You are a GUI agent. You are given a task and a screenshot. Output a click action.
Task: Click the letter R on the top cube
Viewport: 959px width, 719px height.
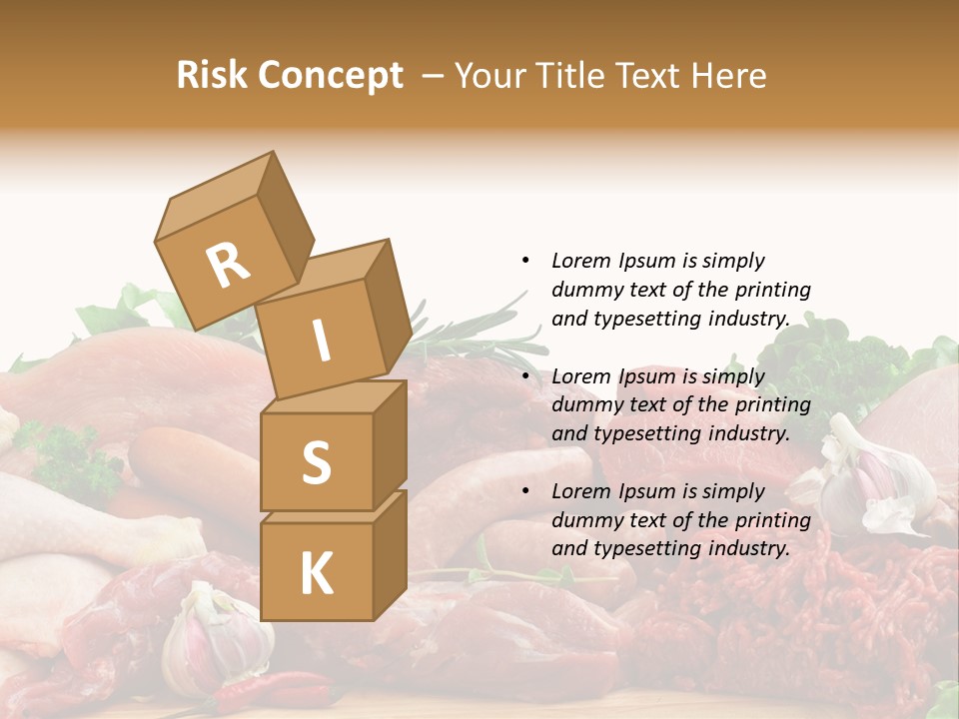tap(228, 265)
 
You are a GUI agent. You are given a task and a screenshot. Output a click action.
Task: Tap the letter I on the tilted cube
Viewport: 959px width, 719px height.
tap(321, 342)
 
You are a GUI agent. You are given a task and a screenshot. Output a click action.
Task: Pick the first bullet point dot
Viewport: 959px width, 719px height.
tap(525, 261)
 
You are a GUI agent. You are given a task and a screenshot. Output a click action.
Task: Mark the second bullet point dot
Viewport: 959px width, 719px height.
tap(525, 376)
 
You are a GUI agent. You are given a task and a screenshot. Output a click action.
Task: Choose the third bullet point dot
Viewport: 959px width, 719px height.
tap(525, 491)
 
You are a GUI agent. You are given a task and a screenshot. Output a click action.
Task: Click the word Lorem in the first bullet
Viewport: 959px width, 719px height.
tap(579, 261)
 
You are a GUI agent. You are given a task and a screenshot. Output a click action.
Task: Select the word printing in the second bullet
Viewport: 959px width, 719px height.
tap(771, 404)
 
